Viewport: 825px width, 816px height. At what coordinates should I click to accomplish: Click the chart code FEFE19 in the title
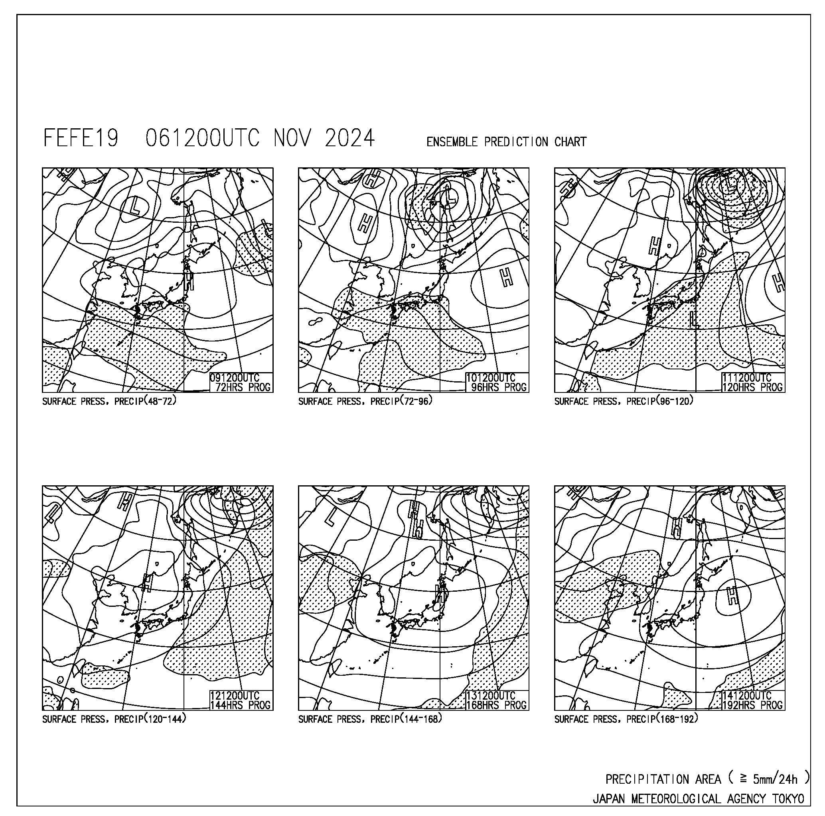pos(81,138)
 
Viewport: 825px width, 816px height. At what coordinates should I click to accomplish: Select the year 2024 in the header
pos(350,138)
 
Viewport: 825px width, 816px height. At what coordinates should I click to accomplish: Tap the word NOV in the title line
pos(292,138)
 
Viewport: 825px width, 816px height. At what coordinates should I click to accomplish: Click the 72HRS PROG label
pos(243,387)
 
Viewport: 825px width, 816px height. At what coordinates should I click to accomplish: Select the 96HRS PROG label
pos(499,387)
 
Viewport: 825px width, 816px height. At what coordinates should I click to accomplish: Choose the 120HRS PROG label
pos(752,387)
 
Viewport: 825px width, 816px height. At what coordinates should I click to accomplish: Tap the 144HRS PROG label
pos(241,705)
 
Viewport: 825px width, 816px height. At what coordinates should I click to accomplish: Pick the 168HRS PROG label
pos(496,705)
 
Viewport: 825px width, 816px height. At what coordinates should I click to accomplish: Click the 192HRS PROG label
pos(752,705)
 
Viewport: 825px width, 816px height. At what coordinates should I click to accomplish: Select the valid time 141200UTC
pos(747,696)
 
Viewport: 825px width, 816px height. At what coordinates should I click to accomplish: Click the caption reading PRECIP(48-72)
pos(145,401)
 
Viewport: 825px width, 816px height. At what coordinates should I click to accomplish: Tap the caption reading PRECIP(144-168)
pos(406,719)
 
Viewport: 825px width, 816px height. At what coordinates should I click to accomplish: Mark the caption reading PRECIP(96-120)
pos(660,401)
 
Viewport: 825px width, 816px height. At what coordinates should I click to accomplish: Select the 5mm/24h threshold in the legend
pos(775,780)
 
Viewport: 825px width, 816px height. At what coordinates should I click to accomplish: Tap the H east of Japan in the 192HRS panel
pos(733,596)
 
